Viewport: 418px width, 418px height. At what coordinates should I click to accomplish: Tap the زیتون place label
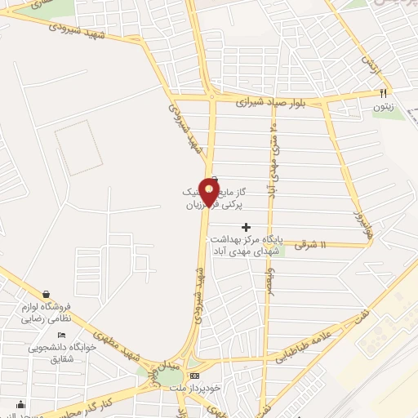(384, 106)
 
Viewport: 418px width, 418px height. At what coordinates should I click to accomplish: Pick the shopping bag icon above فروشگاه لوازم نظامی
(47, 294)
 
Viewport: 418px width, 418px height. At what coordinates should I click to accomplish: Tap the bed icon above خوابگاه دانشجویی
(60, 335)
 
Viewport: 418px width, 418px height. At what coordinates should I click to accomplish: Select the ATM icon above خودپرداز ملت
(193, 376)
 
